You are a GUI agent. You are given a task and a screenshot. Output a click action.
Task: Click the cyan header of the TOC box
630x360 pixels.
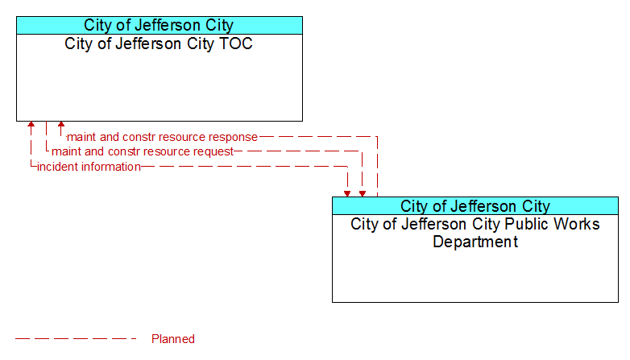tap(160, 25)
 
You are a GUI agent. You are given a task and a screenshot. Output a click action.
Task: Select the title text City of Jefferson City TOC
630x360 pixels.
tap(159, 43)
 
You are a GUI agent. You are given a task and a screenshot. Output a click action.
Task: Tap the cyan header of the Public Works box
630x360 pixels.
tap(475, 206)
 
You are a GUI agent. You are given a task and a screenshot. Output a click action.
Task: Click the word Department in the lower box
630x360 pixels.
tap(475, 242)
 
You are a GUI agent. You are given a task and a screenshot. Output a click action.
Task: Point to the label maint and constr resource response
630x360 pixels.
tap(162, 137)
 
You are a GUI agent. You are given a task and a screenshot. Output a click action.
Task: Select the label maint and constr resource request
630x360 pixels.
tap(143, 151)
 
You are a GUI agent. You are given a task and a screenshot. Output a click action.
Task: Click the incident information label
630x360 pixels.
tap(89, 167)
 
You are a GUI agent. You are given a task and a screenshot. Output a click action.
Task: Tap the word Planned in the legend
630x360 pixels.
tap(173, 339)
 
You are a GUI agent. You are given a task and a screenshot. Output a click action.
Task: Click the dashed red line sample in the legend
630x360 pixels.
tap(76, 339)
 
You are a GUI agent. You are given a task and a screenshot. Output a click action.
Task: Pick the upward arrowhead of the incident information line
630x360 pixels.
tap(31, 125)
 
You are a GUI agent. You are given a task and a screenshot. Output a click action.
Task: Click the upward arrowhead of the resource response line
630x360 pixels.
tap(61, 125)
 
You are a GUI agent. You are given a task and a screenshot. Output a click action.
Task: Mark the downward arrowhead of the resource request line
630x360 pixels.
tap(363, 193)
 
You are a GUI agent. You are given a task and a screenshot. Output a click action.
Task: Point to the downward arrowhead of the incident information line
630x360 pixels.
tap(347, 193)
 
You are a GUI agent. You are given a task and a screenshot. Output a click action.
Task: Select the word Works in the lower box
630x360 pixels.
tap(577, 224)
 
